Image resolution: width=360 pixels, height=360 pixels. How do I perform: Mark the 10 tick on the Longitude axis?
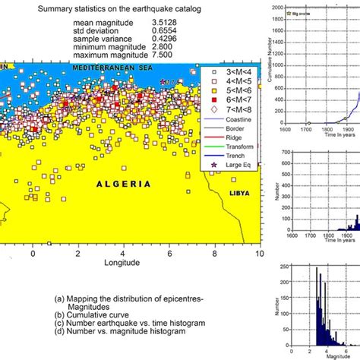pyautogui.click(x=258, y=254)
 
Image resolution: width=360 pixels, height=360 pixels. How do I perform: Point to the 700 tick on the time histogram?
pyautogui.click(x=281, y=152)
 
